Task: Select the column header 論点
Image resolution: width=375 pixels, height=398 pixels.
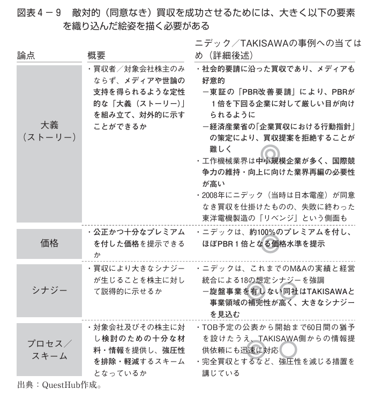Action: [26, 55]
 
